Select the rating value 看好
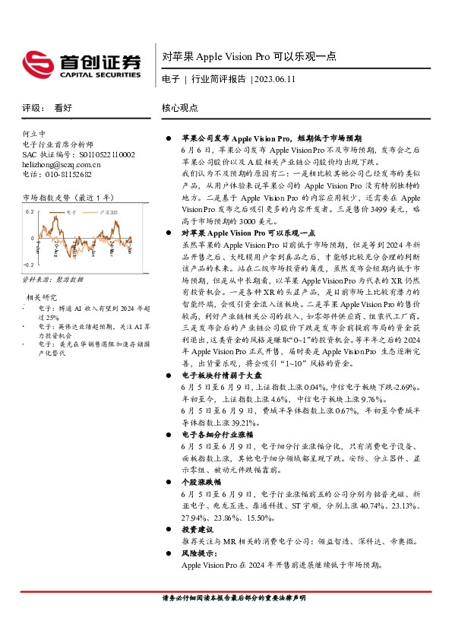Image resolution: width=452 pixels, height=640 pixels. click(63, 108)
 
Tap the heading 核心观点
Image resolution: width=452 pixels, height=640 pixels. click(180, 108)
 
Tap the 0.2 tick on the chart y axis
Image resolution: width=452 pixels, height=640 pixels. click(30, 212)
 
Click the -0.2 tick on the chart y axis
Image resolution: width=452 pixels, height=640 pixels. click(28, 264)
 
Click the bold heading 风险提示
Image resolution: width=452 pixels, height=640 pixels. click(198, 554)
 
